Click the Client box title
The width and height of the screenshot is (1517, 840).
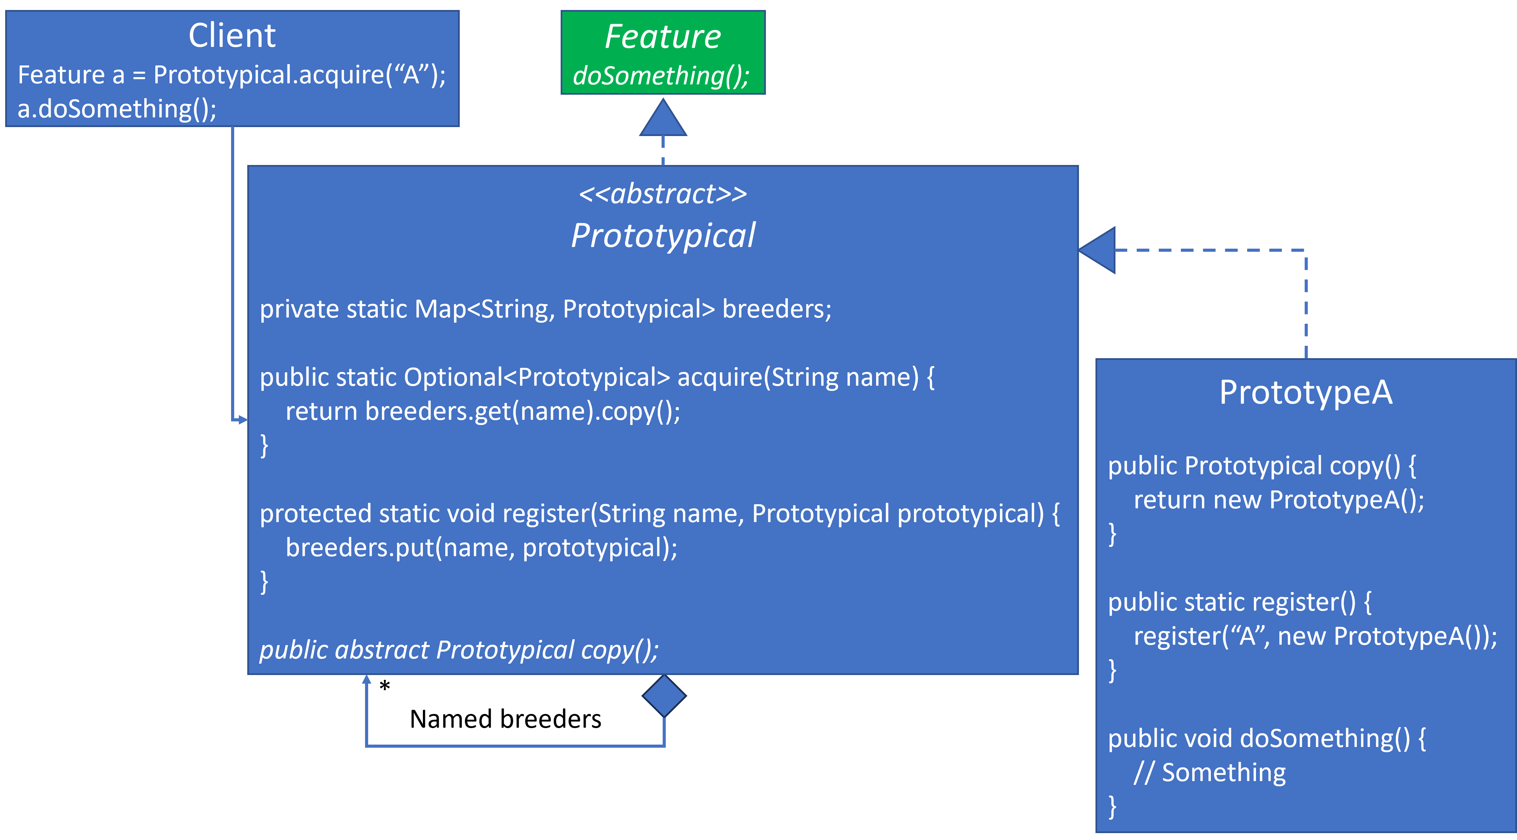point(232,35)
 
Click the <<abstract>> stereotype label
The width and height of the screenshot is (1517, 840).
point(663,194)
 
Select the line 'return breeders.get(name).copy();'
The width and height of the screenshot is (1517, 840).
point(483,411)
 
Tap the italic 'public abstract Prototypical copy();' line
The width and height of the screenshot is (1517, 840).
point(459,650)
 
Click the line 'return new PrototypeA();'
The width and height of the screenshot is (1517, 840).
point(1278,500)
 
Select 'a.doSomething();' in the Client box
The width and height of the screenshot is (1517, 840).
point(117,109)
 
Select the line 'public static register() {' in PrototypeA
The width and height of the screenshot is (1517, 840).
point(1240,602)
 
